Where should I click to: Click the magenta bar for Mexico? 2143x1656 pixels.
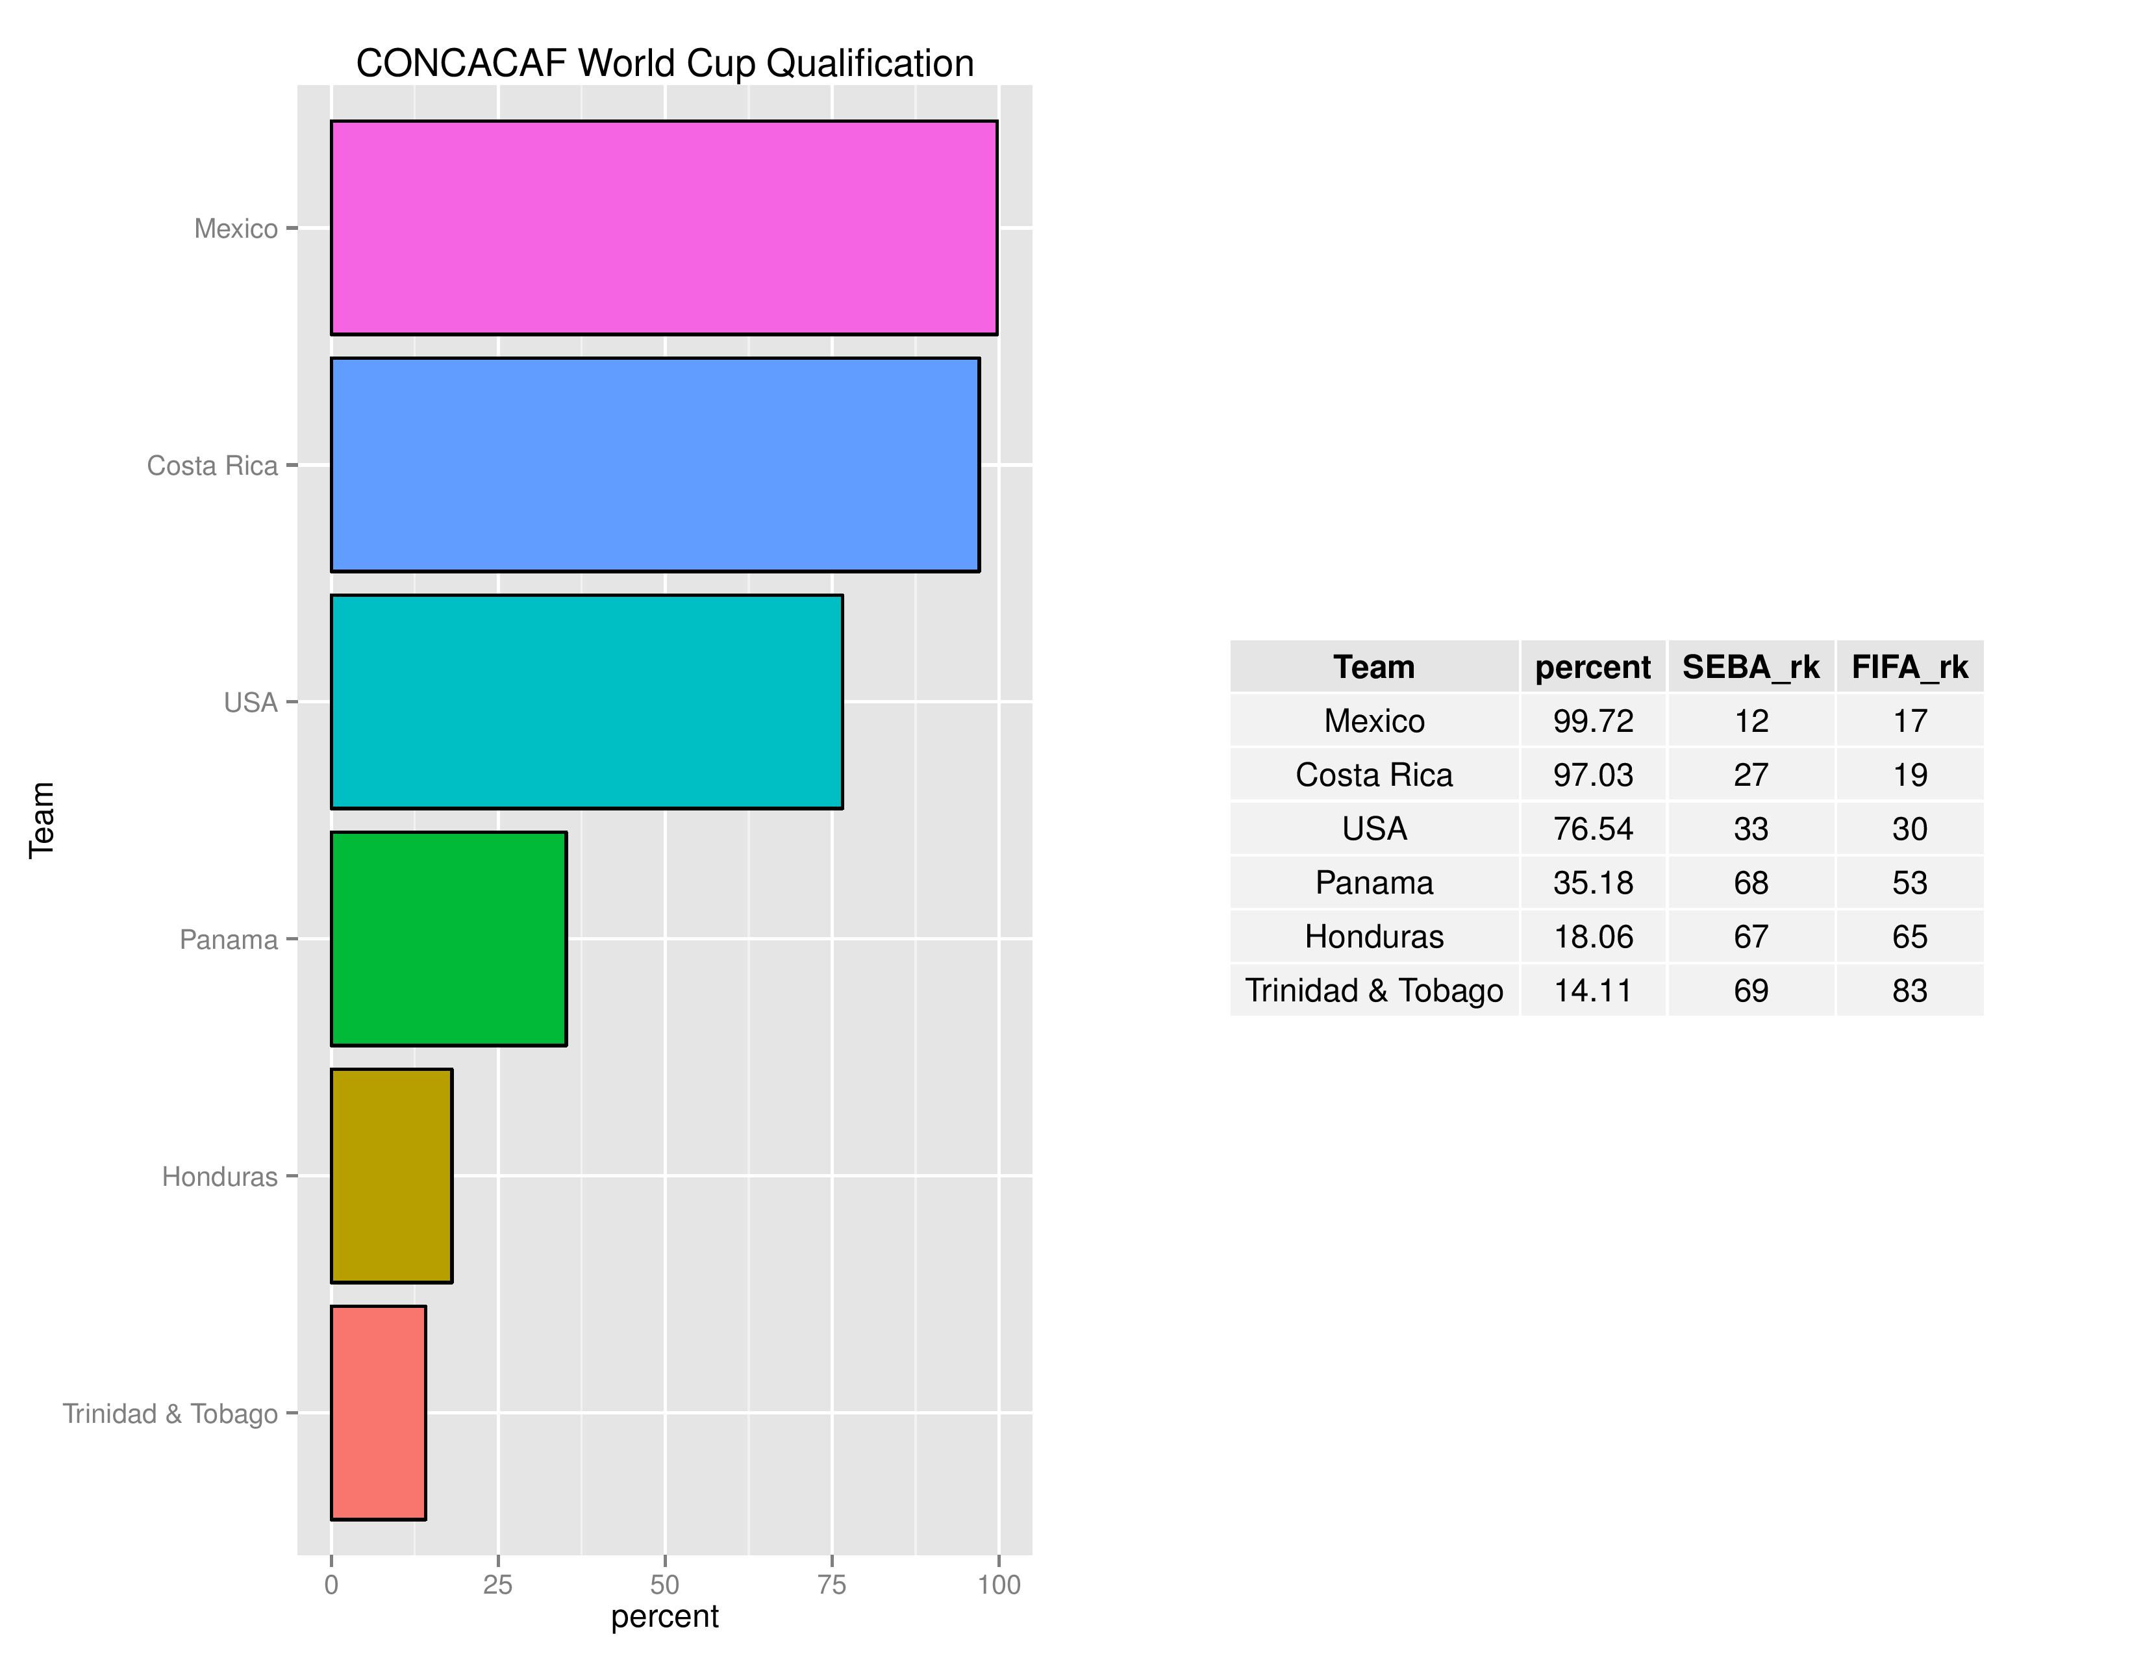pyautogui.click(x=663, y=227)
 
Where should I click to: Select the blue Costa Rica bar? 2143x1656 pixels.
pyautogui.click(x=655, y=464)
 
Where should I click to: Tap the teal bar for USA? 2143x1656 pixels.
pyautogui.click(x=586, y=701)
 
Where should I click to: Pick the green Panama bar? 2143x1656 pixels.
pyautogui.click(x=449, y=939)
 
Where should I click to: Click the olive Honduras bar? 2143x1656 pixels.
pyautogui.click(x=392, y=1175)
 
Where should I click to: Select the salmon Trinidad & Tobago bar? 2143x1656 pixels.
pyautogui.click(x=378, y=1412)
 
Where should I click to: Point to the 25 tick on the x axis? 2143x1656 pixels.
pyautogui.click(x=497, y=1585)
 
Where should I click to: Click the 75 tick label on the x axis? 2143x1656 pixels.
pyautogui.click(x=832, y=1585)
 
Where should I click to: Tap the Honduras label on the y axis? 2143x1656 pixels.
pyautogui.click(x=219, y=1176)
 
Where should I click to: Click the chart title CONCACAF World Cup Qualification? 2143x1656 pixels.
pyautogui.click(x=664, y=64)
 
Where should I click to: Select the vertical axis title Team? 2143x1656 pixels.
pyautogui.click(x=41, y=820)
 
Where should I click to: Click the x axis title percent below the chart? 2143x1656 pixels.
pyautogui.click(x=664, y=1616)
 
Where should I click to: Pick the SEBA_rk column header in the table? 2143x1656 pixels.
pyautogui.click(x=1751, y=667)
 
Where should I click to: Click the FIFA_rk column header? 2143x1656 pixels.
pyautogui.click(x=1909, y=667)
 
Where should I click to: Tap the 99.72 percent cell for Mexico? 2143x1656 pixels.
pyautogui.click(x=1592, y=721)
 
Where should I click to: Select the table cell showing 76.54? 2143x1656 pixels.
pyautogui.click(x=1592, y=829)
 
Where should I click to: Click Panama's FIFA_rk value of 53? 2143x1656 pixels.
pyautogui.click(x=1909, y=883)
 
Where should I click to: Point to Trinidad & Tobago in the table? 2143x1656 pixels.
pyautogui.click(x=1373, y=991)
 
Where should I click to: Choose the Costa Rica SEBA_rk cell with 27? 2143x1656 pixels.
pyautogui.click(x=1751, y=775)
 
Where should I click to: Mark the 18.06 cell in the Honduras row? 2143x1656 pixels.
pyautogui.click(x=1592, y=937)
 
